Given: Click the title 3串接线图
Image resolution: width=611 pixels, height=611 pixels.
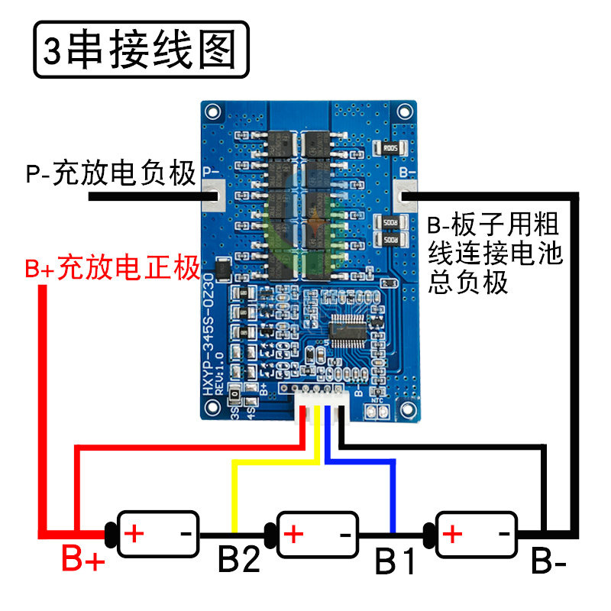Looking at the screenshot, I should click(141, 50).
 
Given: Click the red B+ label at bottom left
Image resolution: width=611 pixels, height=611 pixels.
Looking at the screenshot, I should click(82, 561).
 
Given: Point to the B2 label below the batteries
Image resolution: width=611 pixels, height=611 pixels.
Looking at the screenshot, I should click(238, 561).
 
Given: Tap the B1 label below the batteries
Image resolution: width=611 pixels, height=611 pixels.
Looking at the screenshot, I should click(395, 563).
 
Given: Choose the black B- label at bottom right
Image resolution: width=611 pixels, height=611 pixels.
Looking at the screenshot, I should click(548, 564).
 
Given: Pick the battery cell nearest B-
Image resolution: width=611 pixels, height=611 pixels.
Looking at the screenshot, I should click(474, 532).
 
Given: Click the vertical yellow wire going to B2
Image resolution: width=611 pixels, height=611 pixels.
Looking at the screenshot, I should click(234, 496).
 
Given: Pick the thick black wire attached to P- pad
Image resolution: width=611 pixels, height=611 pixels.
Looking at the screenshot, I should click(145, 196).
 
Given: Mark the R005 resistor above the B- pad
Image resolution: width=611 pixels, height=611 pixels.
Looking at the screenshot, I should click(390, 148).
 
